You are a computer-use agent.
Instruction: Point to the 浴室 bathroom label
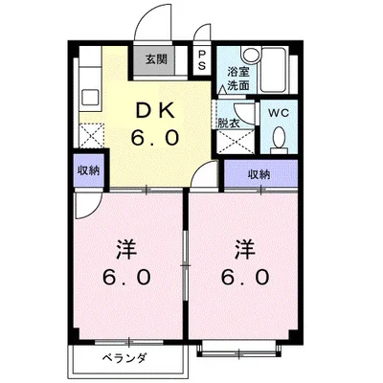tap(237, 71)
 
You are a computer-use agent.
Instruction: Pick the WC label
tap(279, 112)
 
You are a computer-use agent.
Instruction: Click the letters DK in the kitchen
tap(154, 108)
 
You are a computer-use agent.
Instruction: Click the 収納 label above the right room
tap(259, 174)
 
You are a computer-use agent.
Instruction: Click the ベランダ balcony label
tap(124, 360)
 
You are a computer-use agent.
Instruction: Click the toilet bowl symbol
tap(280, 140)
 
